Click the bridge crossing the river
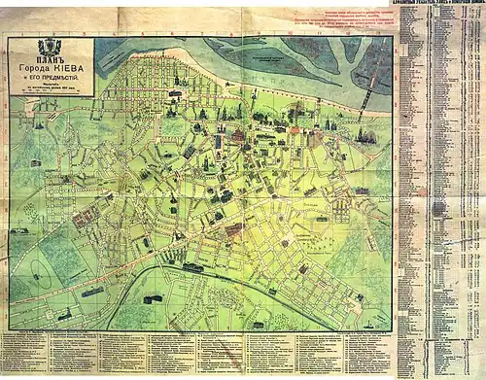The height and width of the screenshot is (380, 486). tap(367, 97)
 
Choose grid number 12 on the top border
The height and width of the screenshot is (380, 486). tap(354, 32)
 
